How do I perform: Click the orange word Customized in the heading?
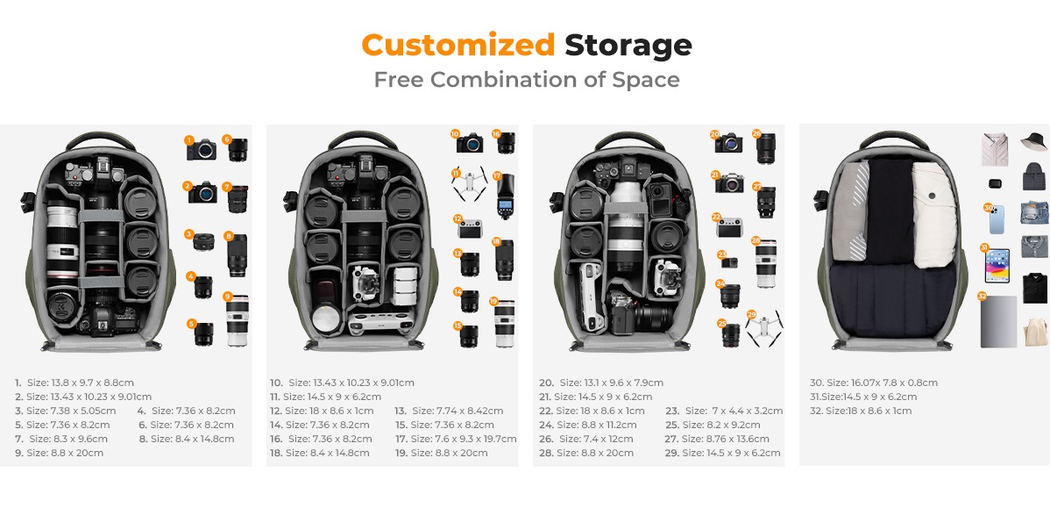click(x=458, y=46)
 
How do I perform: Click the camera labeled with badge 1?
click(x=202, y=149)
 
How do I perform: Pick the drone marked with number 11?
click(x=469, y=183)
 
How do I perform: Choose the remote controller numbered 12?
click(x=470, y=229)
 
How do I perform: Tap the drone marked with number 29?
click(x=764, y=329)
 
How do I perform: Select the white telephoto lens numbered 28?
click(x=766, y=263)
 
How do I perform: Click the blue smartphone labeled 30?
click(x=997, y=219)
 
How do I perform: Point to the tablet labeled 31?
click(x=997, y=266)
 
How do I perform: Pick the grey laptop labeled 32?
click(x=998, y=322)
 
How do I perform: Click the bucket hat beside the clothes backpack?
click(x=1034, y=141)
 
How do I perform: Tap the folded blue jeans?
click(x=1034, y=213)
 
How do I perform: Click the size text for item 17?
click(x=456, y=439)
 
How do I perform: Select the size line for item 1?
click(x=74, y=383)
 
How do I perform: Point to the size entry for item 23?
click(x=724, y=411)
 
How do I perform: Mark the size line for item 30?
click(x=874, y=383)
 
